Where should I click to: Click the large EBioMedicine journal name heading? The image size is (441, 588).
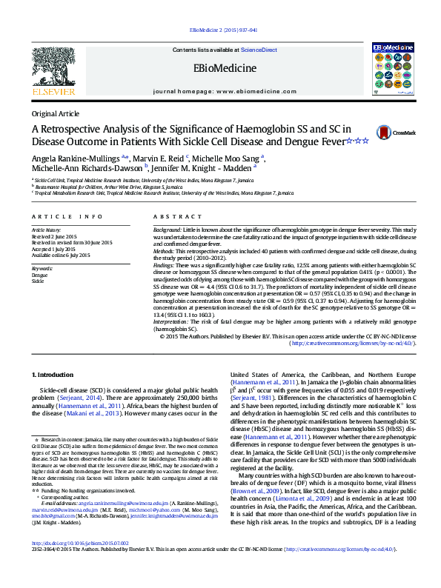[x=225, y=69]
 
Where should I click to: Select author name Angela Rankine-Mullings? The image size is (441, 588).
[x=71, y=158]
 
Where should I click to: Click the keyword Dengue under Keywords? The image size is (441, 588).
[x=39, y=275]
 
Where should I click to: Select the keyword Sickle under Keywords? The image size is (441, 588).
[x=38, y=281]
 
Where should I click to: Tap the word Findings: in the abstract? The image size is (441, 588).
[x=165, y=264]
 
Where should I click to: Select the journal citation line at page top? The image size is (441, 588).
[x=223, y=30]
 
